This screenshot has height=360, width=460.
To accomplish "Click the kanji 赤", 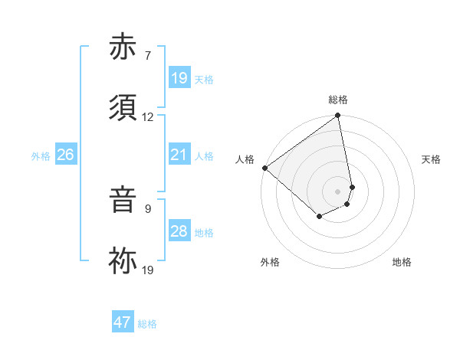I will [x=123, y=49].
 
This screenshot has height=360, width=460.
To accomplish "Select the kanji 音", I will [x=123, y=201].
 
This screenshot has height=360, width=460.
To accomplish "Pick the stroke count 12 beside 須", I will [x=148, y=117].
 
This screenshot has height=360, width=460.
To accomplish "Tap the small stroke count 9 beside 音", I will [x=148, y=208].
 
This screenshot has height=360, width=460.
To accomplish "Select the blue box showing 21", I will [x=179, y=155].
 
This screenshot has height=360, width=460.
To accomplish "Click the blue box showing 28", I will [x=179, y=231].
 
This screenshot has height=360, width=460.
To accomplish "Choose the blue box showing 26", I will [x=65, y=155].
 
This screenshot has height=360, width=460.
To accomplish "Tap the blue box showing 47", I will [x=123, y=322].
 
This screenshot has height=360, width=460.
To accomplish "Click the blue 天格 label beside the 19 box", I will [x=204, y=79].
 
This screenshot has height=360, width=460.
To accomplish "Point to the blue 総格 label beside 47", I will [x=147, y=324].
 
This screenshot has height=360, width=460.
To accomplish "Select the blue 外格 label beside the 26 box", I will [x=41, y=156].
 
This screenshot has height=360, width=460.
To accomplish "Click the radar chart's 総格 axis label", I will [x=338, y=100].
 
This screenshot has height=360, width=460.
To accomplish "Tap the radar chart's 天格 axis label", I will [x=431, y=159].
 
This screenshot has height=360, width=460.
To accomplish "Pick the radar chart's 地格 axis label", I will [x=402, y=262].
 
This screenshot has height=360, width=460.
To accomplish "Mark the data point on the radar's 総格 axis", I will [x=338, y=116].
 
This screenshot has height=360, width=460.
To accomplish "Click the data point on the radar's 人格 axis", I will [x=264, y=168].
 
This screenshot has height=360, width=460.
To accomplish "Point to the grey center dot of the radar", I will [x=338, y=191].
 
